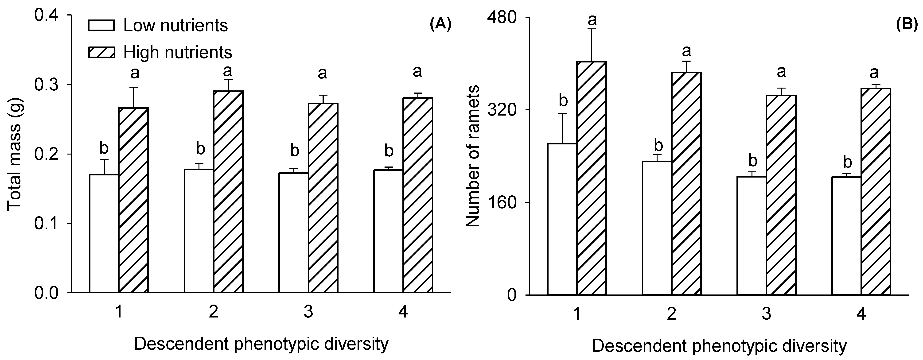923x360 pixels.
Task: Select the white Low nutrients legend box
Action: (x=101, y=25)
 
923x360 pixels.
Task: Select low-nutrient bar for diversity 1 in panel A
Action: (x=104, y=233)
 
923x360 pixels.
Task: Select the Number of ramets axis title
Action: (x=473, y=156)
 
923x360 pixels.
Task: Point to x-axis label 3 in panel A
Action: (x=308, y=312)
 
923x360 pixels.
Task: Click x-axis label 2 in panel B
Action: (x=671, y=314)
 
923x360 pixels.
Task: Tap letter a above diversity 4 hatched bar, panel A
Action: (x=417, y=71)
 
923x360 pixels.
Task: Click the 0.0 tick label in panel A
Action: (x=47, y=293)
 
